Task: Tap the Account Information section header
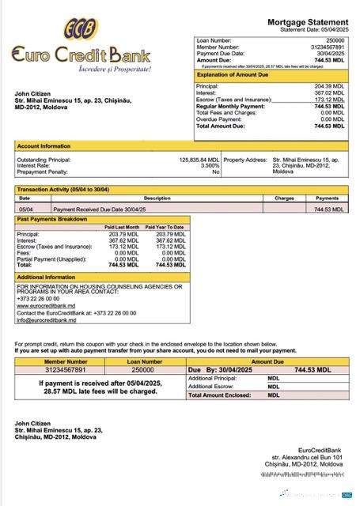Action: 44,146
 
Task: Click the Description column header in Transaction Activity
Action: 157,198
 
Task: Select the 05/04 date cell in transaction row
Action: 25,210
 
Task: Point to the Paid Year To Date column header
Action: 166,227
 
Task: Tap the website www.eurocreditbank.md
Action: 44,304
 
